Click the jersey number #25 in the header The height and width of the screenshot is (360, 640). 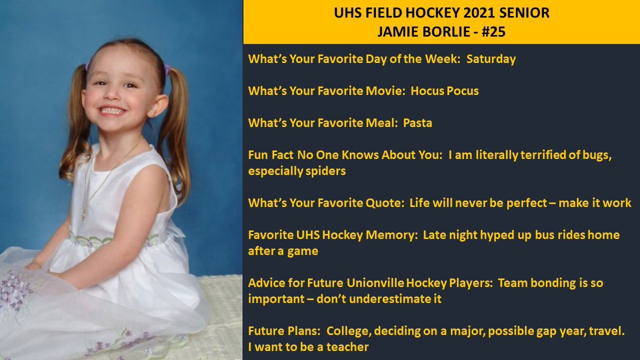pos(492,32)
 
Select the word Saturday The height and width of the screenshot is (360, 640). pos(491,59)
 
